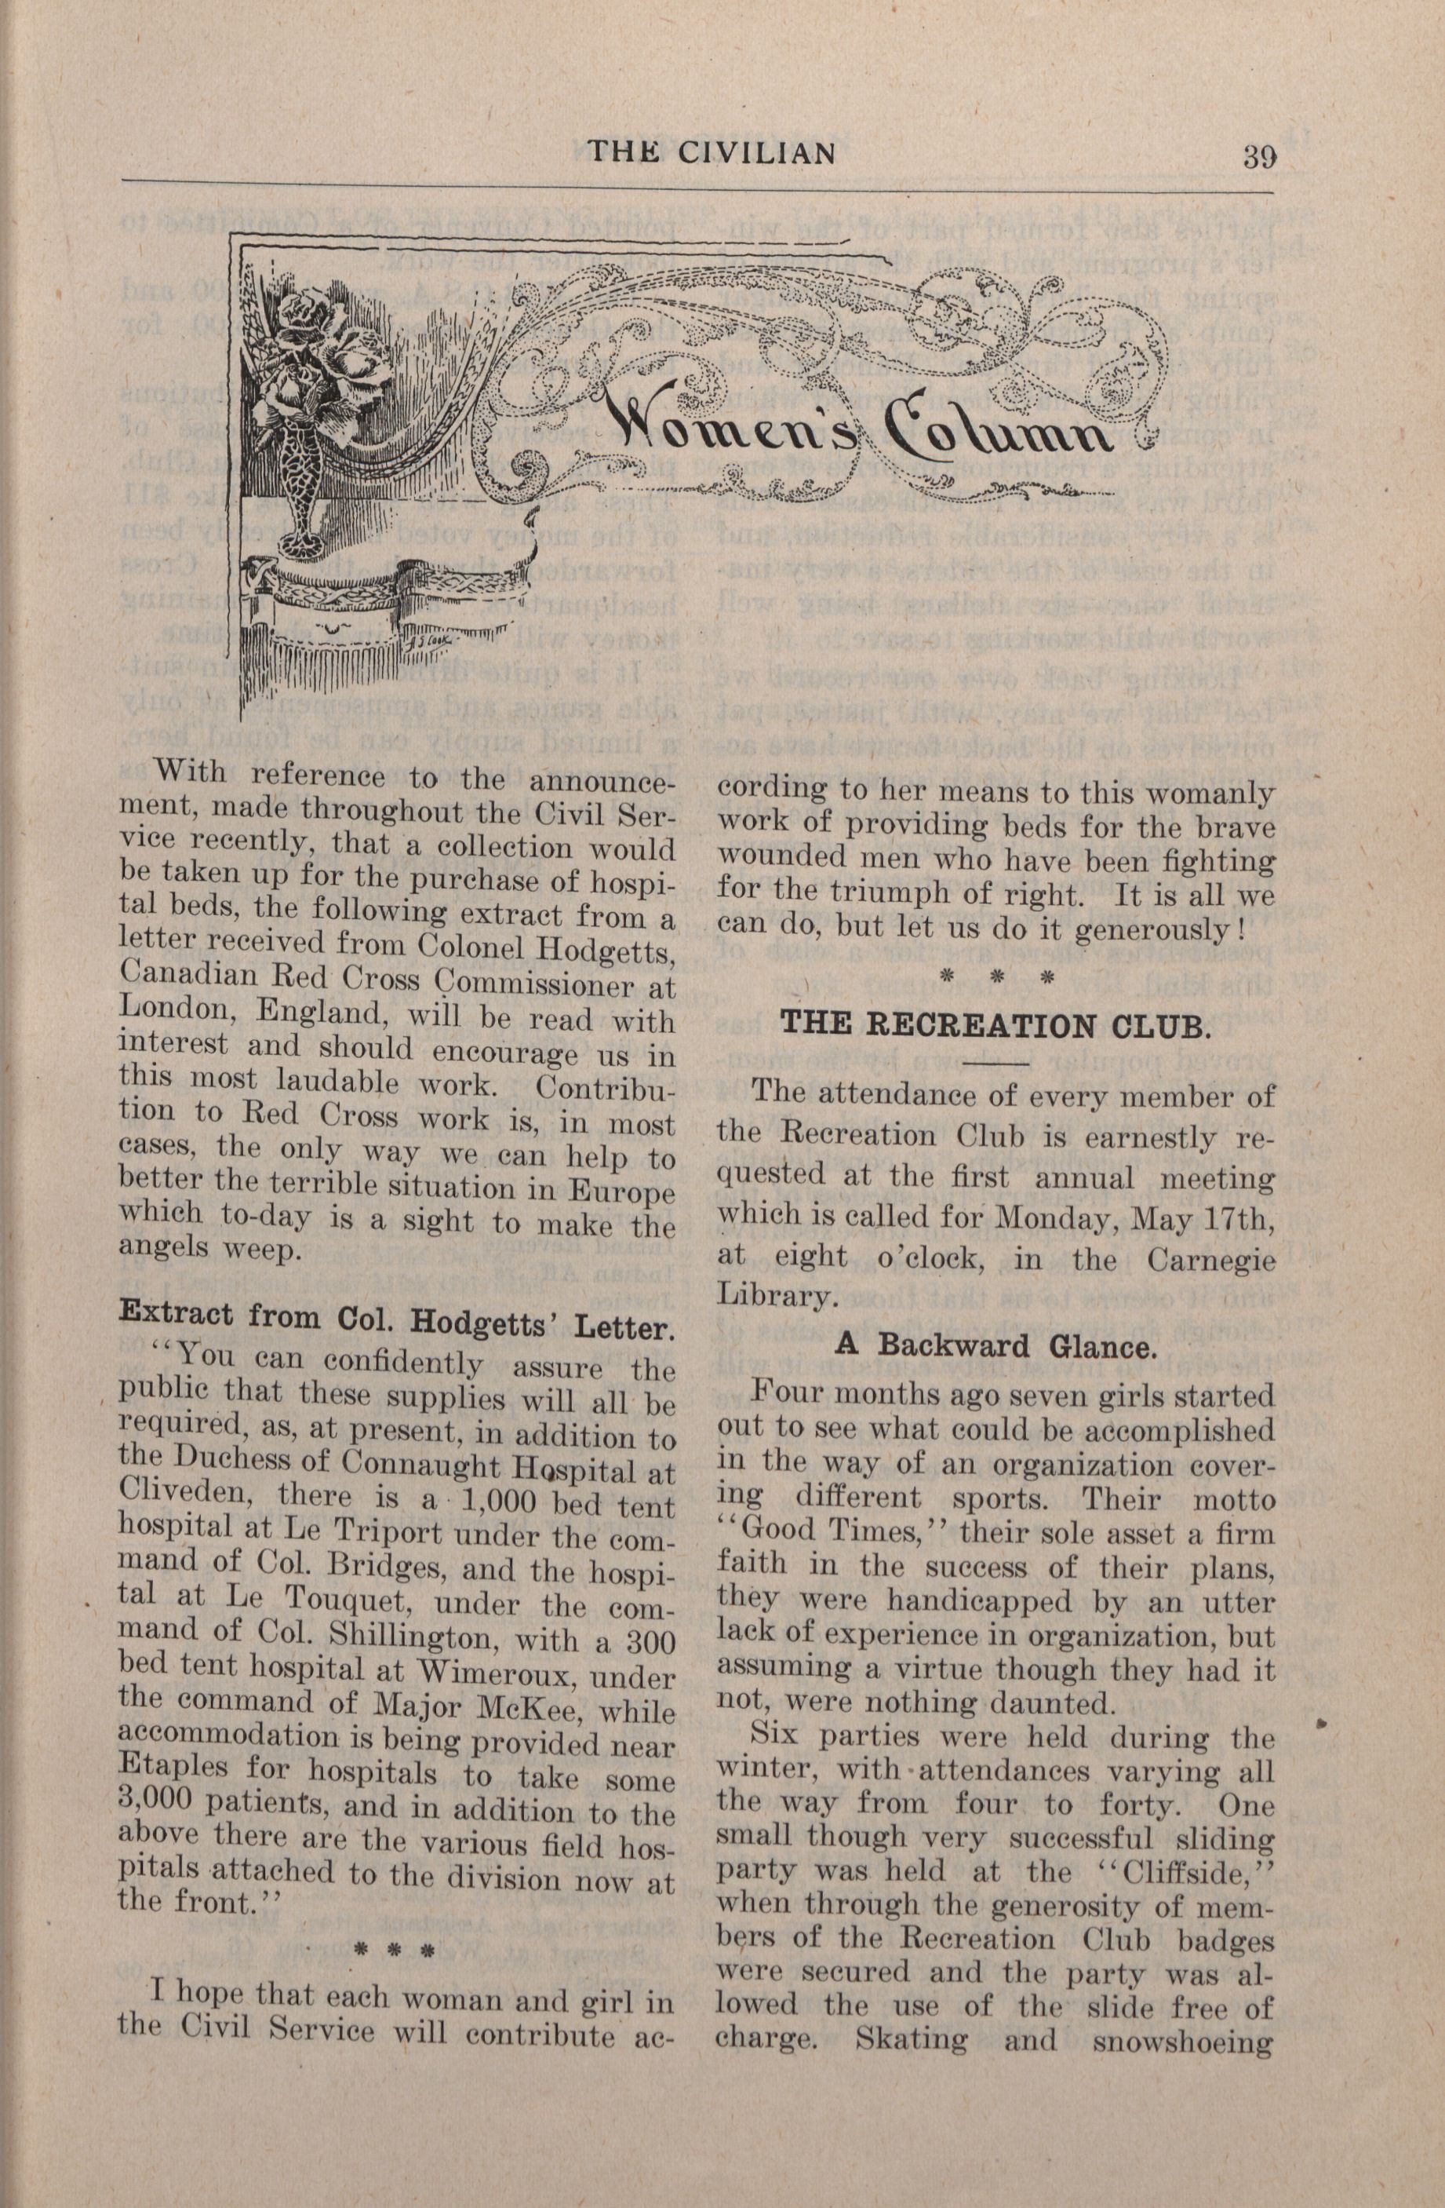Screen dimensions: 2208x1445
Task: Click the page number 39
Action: tap(1260, 155)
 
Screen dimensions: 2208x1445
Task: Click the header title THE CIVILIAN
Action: tap(712, 152)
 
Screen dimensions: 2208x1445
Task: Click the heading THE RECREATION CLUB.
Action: tap(996, 1026)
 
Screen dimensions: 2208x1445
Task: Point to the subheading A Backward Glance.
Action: tap(996, 1345)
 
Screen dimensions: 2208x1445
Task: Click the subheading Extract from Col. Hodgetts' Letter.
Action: tap(396, 1323)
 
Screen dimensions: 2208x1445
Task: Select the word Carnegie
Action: tap(1210, 1260)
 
